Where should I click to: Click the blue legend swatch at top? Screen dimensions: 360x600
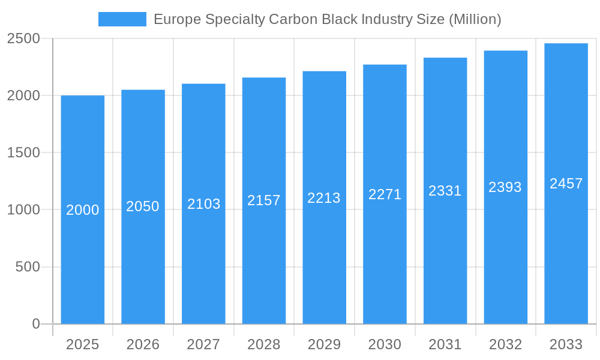[x=122, y=19]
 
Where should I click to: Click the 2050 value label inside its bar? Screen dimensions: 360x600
[x=143, y=206]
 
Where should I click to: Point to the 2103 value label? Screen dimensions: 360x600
[x=204, y=204]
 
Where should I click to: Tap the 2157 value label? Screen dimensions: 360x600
[x=264, y=200]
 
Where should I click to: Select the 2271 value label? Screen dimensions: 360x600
[x=385, y=194]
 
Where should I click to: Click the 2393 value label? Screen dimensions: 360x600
[x=505, y=187]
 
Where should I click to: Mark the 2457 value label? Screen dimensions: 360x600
[x=566, y=184]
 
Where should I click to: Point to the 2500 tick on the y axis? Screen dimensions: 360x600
[x=23, y=39]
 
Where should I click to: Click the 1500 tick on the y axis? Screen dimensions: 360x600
[x=23, y=153]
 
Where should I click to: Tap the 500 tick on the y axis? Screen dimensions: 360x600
[x=28, y=267]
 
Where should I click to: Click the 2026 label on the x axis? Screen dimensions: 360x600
[x=143, y=344]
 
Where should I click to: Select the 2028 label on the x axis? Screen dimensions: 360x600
[x=264, y=344]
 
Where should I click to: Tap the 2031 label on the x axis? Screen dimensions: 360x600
[x=445, y=344]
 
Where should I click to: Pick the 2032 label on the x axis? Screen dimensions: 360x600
[x=505, y=344]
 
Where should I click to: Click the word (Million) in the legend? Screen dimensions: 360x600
[x=475, y=19]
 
